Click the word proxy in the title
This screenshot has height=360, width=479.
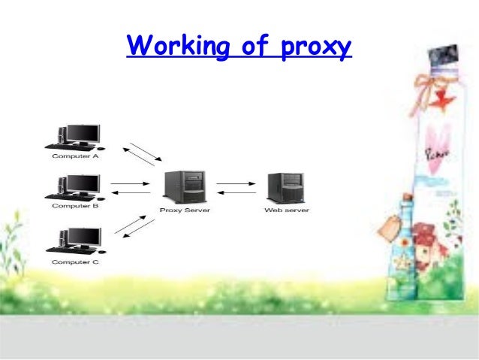coord(315,47)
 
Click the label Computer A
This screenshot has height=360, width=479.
coord(75,156)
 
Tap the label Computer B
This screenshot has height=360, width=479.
coord(75,206)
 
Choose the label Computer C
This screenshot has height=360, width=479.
coord(75,262)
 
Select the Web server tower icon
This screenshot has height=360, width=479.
coord(285,187)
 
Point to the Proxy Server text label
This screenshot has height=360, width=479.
coord(185,210)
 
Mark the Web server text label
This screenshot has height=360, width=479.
coord(286,210)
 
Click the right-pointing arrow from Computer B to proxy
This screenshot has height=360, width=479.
coord(130,183)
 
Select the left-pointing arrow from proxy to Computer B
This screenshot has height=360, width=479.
coord(130,192)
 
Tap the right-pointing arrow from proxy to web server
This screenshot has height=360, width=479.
coord(236,183)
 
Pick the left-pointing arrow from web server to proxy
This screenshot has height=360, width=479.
coord(236,192)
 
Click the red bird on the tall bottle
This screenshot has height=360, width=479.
coord(445,98)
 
